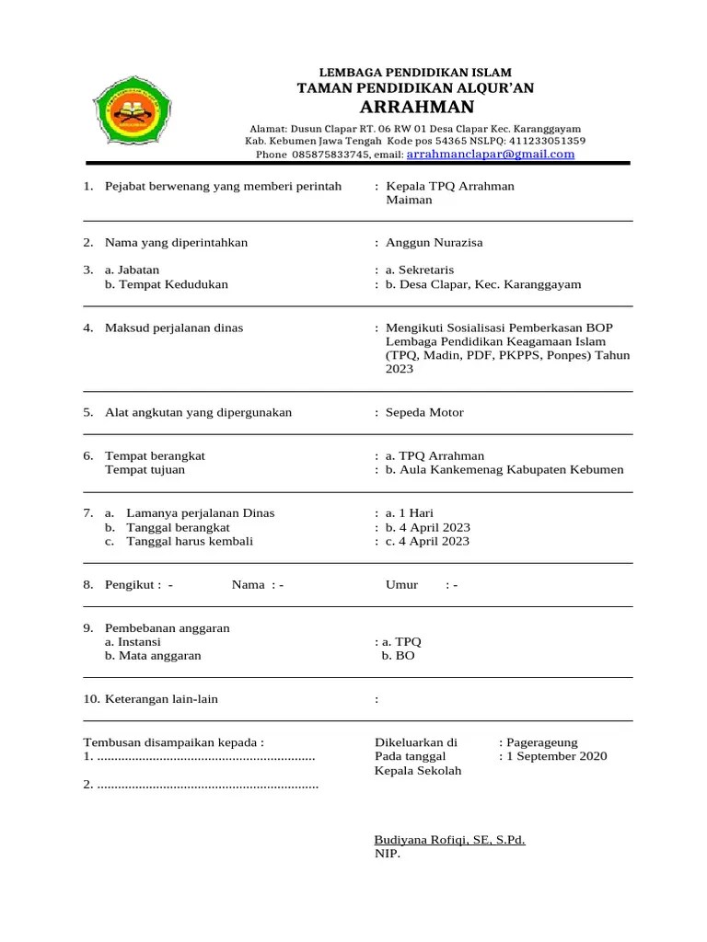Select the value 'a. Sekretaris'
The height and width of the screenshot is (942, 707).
pos(420,270)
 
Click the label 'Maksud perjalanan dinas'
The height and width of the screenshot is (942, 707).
pos(174,328)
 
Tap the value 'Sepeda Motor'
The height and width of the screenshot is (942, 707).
pos(424,412)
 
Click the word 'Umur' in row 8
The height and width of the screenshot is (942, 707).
pos(401,585)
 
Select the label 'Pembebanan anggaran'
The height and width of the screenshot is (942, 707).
pos(167,628)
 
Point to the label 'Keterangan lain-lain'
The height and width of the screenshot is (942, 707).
pos(161,699)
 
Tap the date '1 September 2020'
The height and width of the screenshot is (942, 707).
pos(556,757)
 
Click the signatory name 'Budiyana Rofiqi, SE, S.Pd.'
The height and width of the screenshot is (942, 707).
pos(449,840)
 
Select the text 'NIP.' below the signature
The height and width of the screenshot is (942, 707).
pos(388,854)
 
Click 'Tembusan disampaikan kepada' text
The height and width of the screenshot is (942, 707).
pos(174,742)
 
